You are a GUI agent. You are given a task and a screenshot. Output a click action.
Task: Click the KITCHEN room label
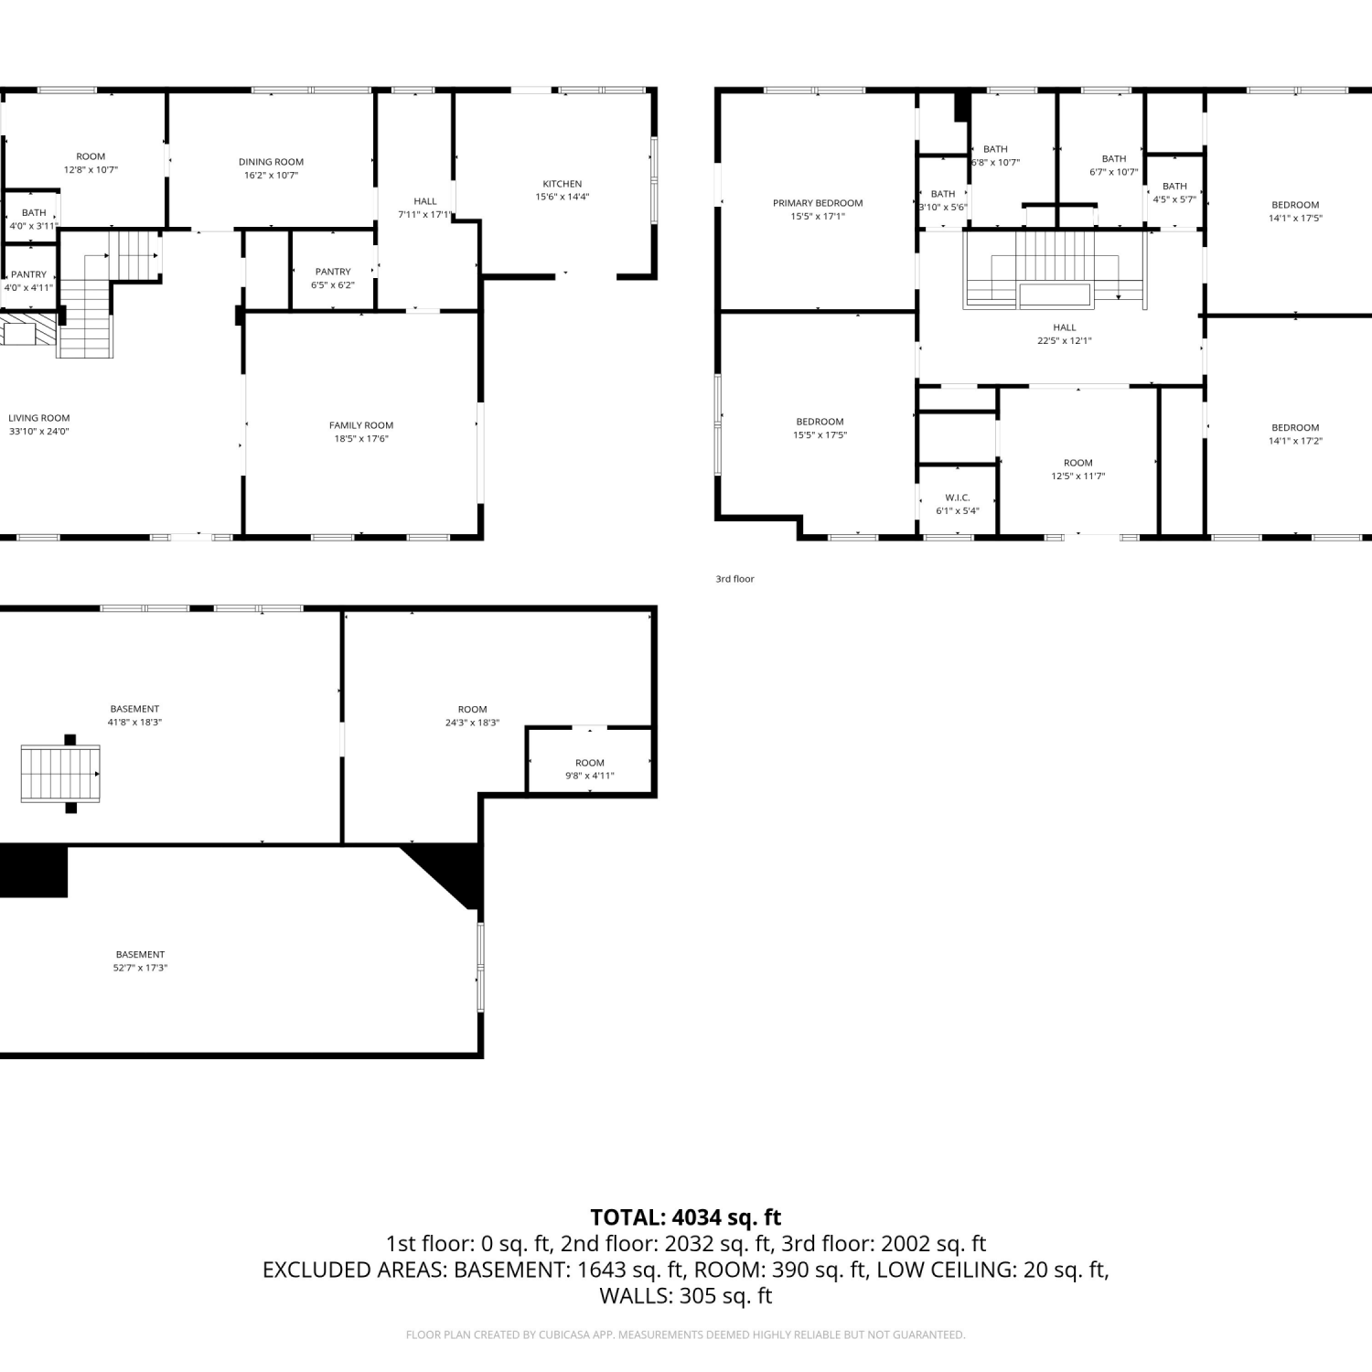tap(562, 184)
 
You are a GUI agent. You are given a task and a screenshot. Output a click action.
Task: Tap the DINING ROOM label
tap(271, 162)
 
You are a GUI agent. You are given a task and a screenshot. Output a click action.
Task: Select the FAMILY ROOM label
tap(361, 425)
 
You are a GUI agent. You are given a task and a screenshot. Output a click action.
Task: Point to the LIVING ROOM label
tap(39, 418)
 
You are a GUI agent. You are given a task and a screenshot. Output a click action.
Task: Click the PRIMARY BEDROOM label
tap(818, 203)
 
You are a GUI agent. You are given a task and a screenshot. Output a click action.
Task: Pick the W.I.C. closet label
tap(958, 498)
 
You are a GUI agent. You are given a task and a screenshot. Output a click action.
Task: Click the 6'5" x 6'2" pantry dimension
tap(333, 284)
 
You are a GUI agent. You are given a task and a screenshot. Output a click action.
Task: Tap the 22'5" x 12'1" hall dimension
tap(1065, 340)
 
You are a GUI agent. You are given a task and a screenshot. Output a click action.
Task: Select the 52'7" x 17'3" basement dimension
tap(140, 968)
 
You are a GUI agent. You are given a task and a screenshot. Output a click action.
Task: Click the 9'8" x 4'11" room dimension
tap(590, 776)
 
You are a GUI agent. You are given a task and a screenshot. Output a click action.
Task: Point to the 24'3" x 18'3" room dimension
tap(472, 723)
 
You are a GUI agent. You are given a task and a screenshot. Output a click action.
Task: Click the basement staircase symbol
tap(60, 774)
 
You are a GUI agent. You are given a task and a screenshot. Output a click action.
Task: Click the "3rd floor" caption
tap(734, 579)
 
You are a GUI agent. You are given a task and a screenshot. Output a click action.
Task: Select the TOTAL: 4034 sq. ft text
tap(686, 1217)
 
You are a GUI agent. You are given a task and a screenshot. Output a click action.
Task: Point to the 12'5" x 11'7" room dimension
tap(1078, 476)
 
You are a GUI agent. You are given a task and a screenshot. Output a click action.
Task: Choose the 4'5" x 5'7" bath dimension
tap(1174, 199)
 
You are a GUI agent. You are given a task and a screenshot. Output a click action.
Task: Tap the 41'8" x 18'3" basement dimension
tap(134, 723)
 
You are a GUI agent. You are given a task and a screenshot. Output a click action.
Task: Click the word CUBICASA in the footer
tap(566, 1335)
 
